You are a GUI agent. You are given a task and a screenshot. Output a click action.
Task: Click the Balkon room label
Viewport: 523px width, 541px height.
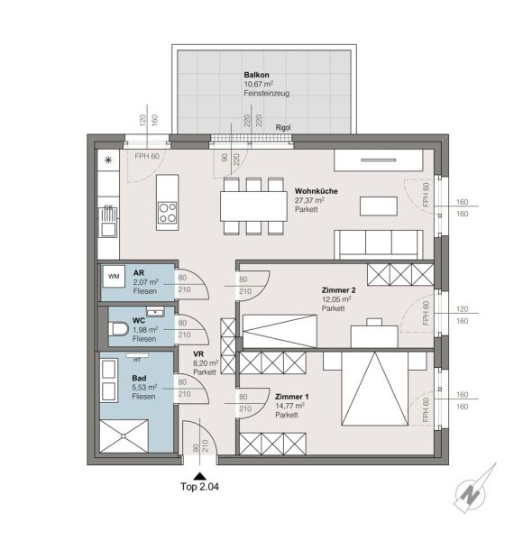[256, 75]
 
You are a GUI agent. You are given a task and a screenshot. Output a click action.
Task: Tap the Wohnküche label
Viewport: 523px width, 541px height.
[316, 191]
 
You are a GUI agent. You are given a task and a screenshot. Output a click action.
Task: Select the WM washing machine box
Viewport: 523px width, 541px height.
[114, 276]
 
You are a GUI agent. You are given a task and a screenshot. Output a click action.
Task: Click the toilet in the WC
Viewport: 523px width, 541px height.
[118, 329]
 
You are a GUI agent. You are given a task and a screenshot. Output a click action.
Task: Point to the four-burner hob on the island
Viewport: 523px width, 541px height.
[168, 213]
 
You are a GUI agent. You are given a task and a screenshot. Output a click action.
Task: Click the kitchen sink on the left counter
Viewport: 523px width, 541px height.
[108, 223]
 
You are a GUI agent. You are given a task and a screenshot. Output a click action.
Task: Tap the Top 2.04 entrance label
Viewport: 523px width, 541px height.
[199, 487]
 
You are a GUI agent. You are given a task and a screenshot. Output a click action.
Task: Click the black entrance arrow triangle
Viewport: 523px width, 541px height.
[199, 476]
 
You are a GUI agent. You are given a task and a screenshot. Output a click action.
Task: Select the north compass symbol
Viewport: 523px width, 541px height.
[473, 491]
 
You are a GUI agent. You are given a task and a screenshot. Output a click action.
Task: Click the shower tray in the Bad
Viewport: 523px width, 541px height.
[124, 436]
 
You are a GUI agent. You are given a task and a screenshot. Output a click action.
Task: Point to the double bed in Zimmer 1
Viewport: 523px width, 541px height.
[374, 389]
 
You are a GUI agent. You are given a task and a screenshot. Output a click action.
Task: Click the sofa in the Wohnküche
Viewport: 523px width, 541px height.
[379, 244]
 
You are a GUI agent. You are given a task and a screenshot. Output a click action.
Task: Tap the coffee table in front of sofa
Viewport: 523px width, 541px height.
[379, 206]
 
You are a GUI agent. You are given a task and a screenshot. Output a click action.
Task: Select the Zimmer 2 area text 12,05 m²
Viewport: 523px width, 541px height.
[336, 299]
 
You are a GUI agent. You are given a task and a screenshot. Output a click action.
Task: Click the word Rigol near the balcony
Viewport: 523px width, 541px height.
[283, 128]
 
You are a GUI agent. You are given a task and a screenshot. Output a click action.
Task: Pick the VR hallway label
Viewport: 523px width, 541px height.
[198, 354]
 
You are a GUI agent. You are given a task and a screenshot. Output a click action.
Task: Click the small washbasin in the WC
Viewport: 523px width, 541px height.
[155, 312]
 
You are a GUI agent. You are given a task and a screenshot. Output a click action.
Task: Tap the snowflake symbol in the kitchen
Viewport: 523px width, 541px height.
[108, 160]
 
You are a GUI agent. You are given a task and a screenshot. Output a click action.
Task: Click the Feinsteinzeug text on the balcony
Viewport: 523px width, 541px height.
[267, 93]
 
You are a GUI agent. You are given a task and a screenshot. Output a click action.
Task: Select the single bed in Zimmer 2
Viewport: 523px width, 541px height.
[280, 331]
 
